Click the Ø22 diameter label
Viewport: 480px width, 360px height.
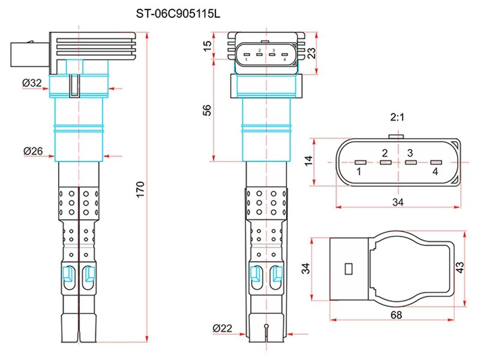(x=222, y=328)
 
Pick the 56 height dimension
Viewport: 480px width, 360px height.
(x=207, y=110)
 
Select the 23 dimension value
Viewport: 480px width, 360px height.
(x=311, y=53)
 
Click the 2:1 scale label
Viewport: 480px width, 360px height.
(x=397, y=118)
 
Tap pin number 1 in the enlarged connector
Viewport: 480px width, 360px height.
(x=358, y=172)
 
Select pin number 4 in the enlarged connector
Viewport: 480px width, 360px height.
(x=435, y=172)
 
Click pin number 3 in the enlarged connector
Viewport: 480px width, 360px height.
(x=410, y=153)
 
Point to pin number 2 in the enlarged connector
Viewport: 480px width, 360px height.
(x=385, y=153)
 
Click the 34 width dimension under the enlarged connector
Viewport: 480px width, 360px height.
(x=398, y=203)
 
